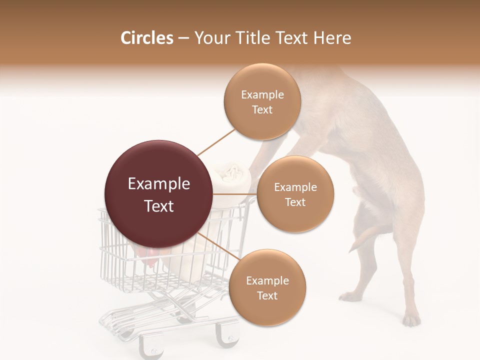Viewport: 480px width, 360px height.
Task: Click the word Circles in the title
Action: click(146, 38)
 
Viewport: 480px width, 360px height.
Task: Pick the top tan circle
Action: click(262, 102)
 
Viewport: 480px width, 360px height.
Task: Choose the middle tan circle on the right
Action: click(295, 194)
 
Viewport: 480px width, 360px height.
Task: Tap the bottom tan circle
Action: click(267, 288)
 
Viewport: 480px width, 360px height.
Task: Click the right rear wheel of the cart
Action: click(228, 337)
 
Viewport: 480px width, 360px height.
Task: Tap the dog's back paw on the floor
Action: click(411, 319)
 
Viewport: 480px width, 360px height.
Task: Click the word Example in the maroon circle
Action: click(158, 184)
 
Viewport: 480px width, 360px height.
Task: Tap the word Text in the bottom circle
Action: click(267, 295)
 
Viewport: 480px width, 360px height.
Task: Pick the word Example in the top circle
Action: click(262, 94)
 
